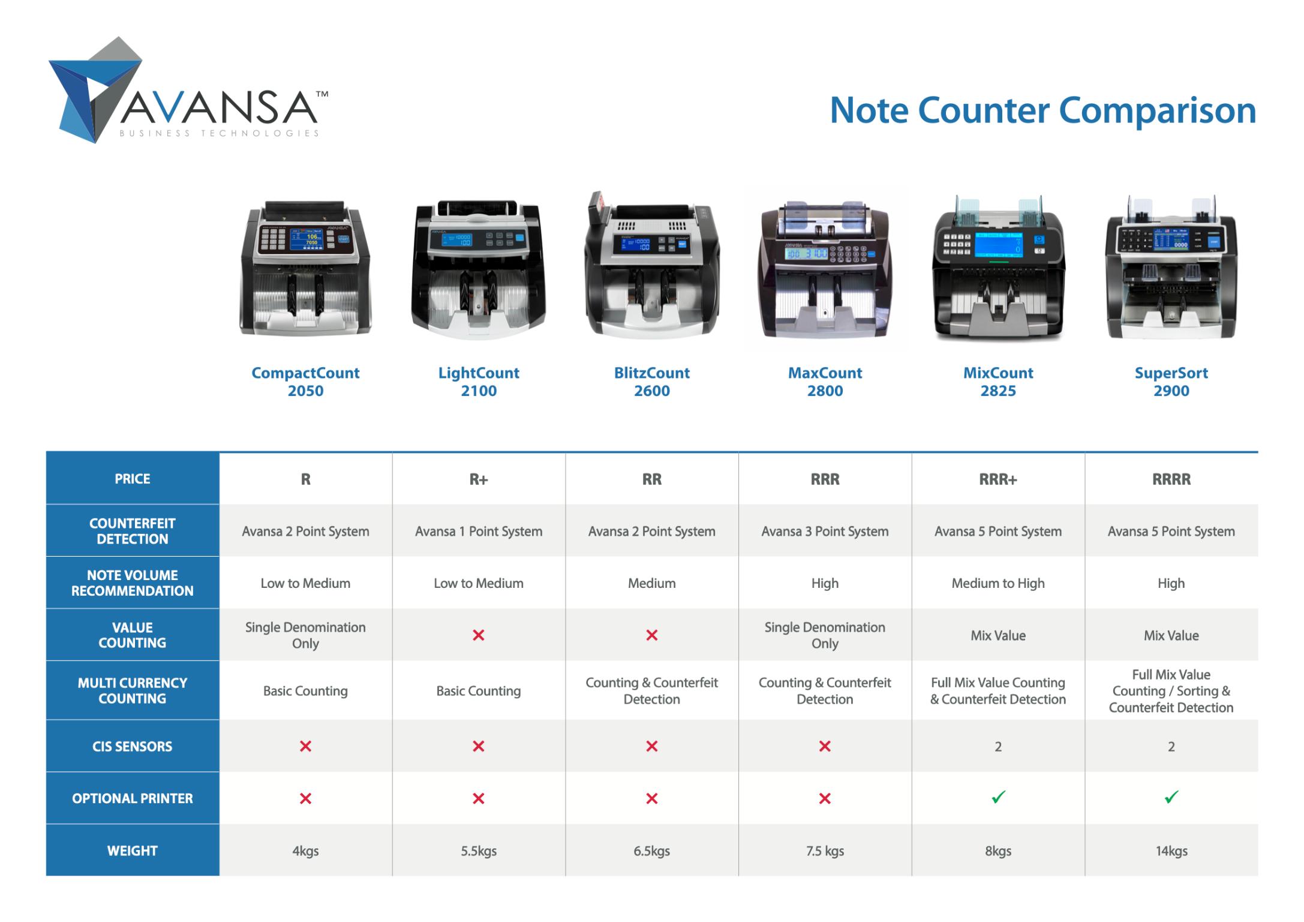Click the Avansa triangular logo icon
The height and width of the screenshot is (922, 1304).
[96, 90]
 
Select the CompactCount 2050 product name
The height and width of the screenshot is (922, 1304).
[305, 382]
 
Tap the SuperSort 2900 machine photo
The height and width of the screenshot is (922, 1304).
[1171, 267]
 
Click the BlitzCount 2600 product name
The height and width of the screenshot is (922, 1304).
[652, 382]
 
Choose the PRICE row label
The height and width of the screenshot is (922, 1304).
[133, 479]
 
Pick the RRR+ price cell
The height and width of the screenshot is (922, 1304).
[998, 479]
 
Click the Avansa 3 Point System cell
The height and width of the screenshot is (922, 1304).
[825, 531]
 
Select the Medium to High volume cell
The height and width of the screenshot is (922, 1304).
[998, 583]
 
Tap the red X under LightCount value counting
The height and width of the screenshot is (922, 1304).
[479, 635]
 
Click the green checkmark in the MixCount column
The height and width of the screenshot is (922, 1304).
[998, 797]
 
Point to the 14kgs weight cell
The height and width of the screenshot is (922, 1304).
[1171, 851]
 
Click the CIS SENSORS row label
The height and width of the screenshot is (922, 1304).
[133, 746]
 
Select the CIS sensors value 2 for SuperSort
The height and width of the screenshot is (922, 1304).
[1171, 746]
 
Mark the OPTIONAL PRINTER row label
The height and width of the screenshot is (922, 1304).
[133, 798]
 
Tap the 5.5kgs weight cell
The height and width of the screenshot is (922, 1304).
[479, 851]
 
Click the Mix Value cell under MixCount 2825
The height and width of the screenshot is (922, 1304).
[998, 635]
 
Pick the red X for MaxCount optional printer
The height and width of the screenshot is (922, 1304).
[825, 798]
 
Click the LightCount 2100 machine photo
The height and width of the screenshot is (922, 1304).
[479, 270]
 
